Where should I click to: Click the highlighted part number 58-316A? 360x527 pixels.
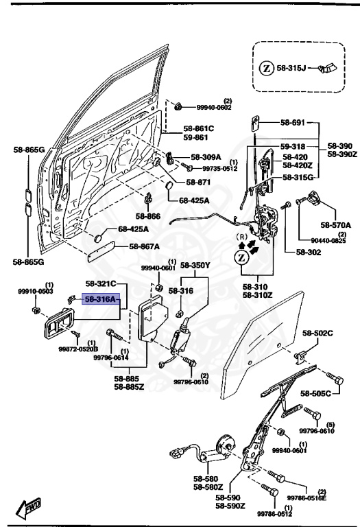(x=101, y=299)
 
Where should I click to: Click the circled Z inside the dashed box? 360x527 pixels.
(x=267, y=69)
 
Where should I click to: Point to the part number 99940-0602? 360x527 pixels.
(x=214, y=107)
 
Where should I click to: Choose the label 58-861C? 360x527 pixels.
(x=198, y=128)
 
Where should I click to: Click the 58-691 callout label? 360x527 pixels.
(x=294, y=123)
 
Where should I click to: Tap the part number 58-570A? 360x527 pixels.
(x=335, y=225)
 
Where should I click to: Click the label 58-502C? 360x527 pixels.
(x=318, y=333)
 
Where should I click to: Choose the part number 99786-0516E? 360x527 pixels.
(x=307, y=498)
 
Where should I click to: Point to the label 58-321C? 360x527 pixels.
(x=101, y=283)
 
